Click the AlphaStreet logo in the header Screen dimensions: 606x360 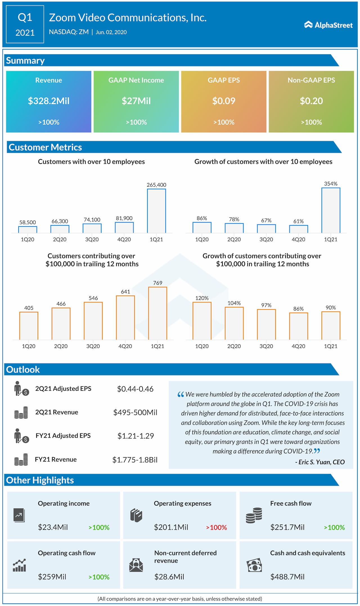(328, 25)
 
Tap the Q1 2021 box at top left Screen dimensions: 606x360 (25, 24)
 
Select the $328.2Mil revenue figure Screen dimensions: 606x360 (49, 101)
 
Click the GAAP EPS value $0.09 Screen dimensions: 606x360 (224, 101)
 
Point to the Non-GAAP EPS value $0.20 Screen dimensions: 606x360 (311, 101)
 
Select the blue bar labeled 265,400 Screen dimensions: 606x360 (156, 211)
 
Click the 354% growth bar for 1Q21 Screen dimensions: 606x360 (331, 210)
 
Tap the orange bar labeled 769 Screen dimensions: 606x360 (157, 313)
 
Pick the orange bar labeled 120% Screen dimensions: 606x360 (202, 321)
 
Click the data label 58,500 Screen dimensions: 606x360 (28, 222)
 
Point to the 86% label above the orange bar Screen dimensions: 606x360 (298, 309)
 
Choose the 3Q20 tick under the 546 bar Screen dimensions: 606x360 (93, 346)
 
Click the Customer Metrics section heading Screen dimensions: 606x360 (45, 147)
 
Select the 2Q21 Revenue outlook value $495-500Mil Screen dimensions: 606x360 (135, 412)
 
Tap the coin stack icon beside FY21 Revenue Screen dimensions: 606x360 (21, 460)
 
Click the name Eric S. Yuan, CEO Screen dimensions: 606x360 (320, 462)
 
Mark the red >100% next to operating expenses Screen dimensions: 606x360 (217, 527)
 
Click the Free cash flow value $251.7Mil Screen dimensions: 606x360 (287, 527)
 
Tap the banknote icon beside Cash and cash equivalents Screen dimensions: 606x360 (254, 565)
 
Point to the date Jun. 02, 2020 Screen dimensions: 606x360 (111, 32)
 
